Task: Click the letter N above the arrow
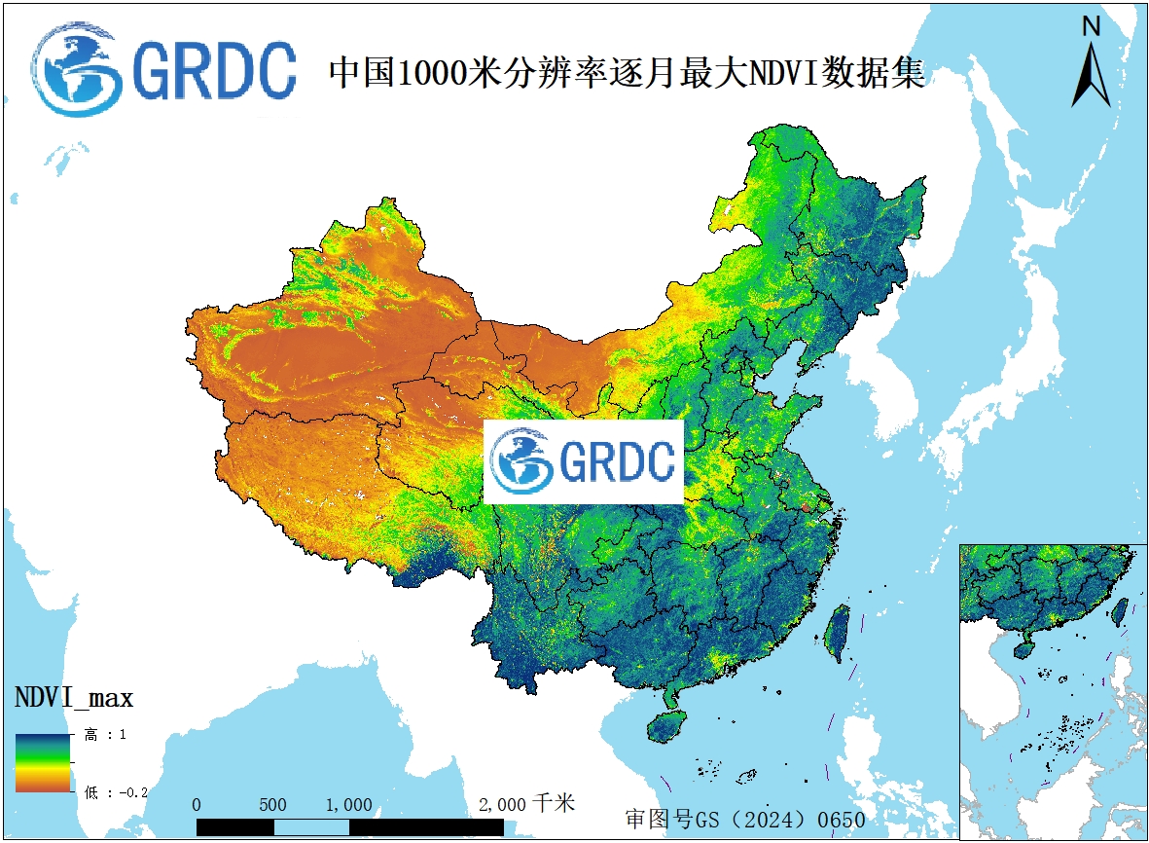click(1092, 27)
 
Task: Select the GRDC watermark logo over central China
click(584, 462)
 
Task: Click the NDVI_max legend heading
click(74, 697)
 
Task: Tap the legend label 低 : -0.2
click(115, 792)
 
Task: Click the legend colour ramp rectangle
click(42, 761)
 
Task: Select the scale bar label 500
click(273, 805)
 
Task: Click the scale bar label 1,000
click(348, 805)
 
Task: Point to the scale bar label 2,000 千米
click(526, 804)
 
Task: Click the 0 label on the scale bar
click(197, 805)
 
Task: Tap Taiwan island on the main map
click(836, 633)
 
